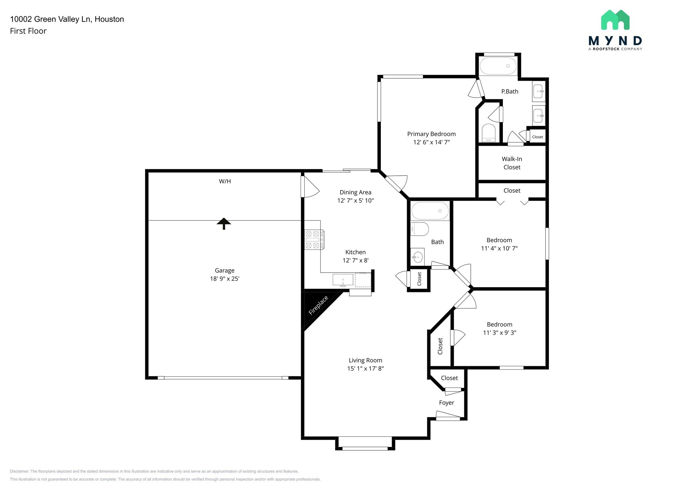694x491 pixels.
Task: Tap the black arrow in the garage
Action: tap(224, 223)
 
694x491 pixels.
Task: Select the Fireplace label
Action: tap(318, 305)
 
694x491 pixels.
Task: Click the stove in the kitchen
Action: tap(314, 240)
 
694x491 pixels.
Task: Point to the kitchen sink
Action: tap(343, 280)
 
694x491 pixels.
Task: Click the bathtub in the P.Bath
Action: tap(498, 66)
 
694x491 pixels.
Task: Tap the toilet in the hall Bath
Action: tap(419, 229)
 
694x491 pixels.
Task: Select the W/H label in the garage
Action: tap(225, 181)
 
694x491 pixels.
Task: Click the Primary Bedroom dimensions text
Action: tap(431, 142)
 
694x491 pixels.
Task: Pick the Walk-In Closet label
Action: tap(512, 163)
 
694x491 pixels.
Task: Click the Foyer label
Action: tap(446, 403)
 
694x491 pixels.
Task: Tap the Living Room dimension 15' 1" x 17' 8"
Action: tap(365, 369)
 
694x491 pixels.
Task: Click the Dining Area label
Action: tap(355, 192)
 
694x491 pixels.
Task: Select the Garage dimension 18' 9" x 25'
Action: tap(225, 279)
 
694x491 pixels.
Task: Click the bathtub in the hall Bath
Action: tap(430, 211)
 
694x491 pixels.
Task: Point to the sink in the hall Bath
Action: tap(417, 257)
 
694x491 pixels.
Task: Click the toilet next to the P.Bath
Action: tap(489, 133)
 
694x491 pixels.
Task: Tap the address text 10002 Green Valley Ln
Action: tap(67, 19)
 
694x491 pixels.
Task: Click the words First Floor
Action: tap(28, 31)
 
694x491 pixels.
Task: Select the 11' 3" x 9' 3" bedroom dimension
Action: tap(499, 333)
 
